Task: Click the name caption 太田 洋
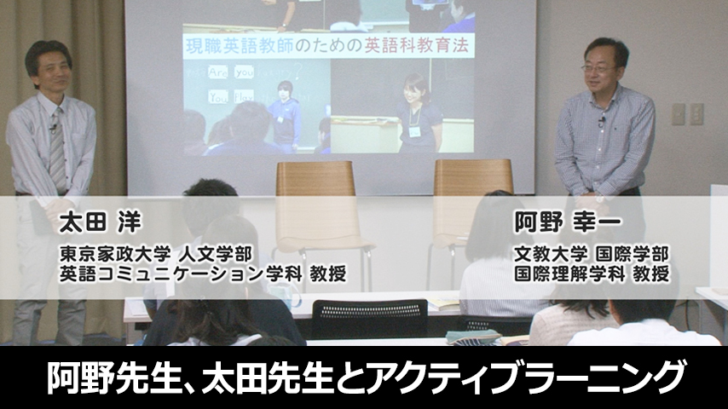(99, 223)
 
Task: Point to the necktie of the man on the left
(57, 149)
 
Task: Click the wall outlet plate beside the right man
(686, 113)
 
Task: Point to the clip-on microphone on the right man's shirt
(601, 122)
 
